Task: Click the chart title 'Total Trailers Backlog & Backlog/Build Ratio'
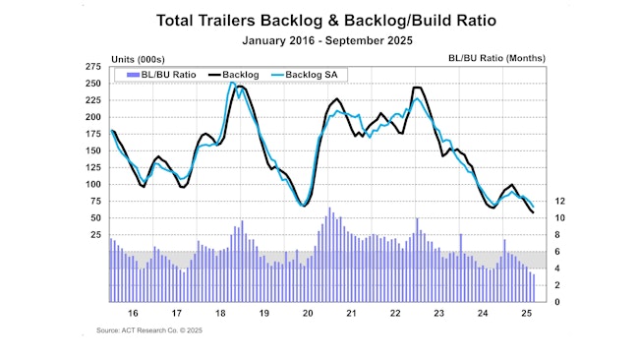click(319, 19)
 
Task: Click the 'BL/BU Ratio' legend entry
click(156, 75)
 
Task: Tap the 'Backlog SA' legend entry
click(313, 75)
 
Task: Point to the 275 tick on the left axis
click(93, 66)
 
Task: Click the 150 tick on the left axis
click(93, 150)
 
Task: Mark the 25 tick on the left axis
click(95, 235)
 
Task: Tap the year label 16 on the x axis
click(133, 314)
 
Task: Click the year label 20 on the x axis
click(307, 314)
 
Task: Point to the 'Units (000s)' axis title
click(109, 57)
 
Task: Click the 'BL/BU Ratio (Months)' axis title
click(495, 57)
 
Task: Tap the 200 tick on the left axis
click(93, 117)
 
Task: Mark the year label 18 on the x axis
click(220, 314)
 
